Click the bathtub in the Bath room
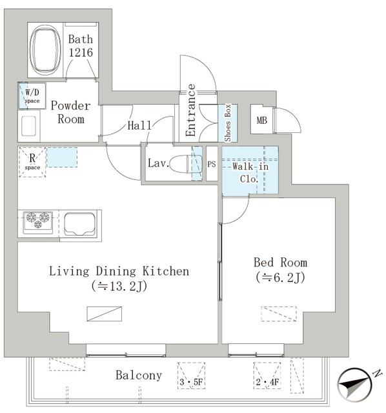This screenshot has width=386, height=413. point(45,50)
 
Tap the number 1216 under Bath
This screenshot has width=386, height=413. point(81,52)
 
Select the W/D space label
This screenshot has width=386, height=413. point(32,96)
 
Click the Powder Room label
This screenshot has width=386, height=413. point(70,112)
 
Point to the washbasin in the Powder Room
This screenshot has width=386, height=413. point(28,126)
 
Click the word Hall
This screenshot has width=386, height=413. point(139,125)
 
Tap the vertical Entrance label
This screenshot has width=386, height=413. point(190,110)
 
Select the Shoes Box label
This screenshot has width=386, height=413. point(228,123)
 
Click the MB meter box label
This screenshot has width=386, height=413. point(261,121)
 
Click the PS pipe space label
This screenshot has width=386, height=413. point(211,165)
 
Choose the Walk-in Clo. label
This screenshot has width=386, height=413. point(250,172)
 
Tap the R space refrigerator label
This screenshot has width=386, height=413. point(32,161)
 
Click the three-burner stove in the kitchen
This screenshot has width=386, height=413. point(37,221)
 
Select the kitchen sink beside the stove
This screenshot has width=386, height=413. point(80,225)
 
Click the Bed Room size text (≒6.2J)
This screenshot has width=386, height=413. point(280,277)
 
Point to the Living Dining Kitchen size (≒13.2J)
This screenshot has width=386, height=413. point(119,286)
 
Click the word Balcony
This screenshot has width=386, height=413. point(139,376)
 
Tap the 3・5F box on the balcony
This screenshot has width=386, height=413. point(191,376)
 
